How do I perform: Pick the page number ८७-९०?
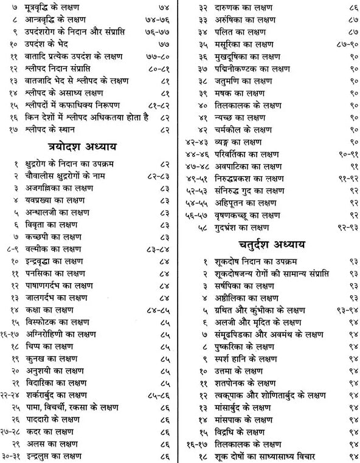(x=343, y=44)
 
